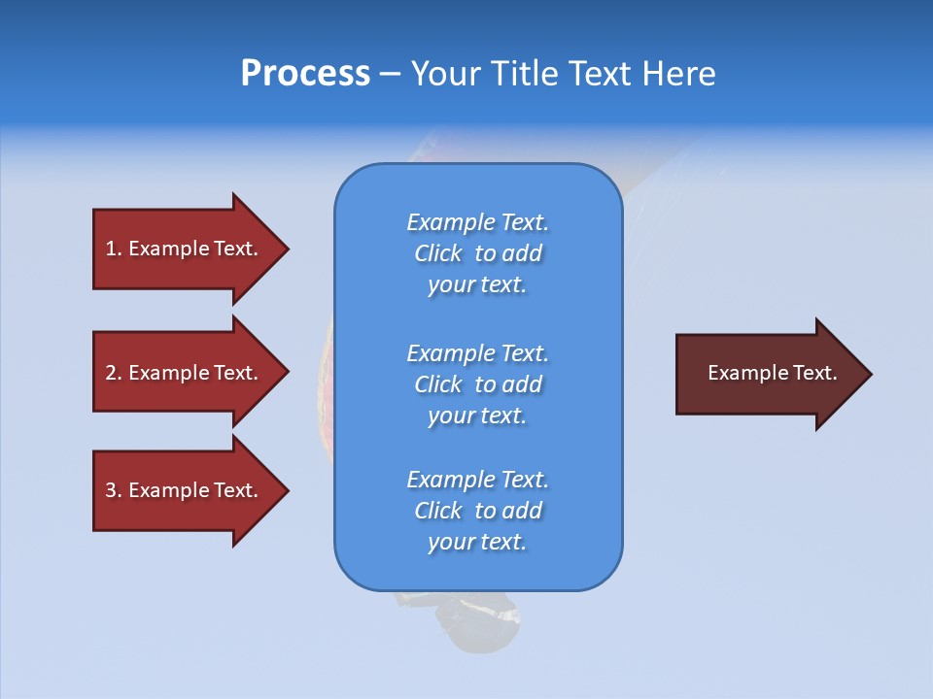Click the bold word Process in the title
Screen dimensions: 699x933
[305, 74]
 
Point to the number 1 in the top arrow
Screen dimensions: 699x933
[111, 249]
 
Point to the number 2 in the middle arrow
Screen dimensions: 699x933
[111, 373]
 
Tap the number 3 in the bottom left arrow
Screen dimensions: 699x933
[111, 490]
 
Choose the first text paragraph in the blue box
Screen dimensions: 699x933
[477, 253]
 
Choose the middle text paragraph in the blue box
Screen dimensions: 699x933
[477, 384]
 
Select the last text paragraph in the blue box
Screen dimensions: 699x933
[477, 511]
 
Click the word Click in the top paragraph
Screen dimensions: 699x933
[437, 253]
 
